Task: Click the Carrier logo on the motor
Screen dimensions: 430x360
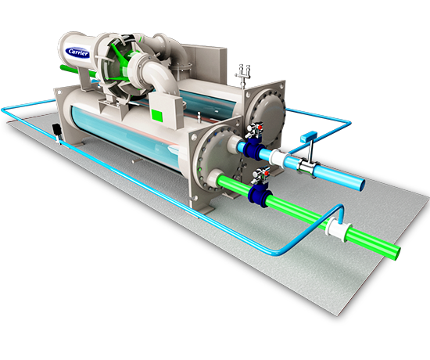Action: (78, 52)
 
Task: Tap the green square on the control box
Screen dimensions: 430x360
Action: (157, 115)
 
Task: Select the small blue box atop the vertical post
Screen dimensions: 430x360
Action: (309, 137)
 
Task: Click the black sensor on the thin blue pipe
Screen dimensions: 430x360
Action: (56, 130)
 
